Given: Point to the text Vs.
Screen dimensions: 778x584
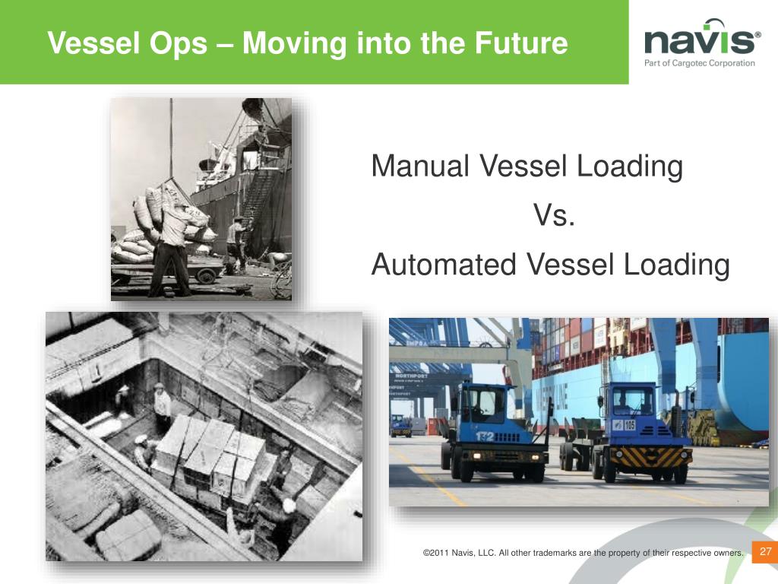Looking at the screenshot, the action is pyautogui.click(x=554, y=215).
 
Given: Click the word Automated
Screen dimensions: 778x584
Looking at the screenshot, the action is pyautogui.click(x=444, y=264).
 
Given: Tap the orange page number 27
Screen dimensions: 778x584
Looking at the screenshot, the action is pyautogui.click(x=765, y=551).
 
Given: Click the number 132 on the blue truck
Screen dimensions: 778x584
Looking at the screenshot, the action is pyautogui.click(x=484, y=436).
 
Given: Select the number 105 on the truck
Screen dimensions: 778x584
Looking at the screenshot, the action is pyautogui.click(x=629, y=424).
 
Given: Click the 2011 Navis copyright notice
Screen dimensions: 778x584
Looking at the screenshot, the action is pyautogui.click(x=583, y=553).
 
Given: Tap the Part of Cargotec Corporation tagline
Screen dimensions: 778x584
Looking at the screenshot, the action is pyautogui.click(x=700, y=63).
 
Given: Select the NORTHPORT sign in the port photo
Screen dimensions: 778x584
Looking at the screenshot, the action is pyautogui.click(x=411, y=376).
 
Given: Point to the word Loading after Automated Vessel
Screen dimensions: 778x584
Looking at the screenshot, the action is pyautogui.click(x=676, y=265).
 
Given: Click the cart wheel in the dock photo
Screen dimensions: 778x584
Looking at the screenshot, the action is pyautogui.click(x=205, y=275).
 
